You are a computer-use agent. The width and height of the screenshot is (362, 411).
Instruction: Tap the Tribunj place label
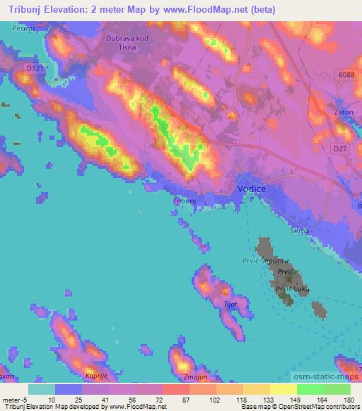tap(184, 201)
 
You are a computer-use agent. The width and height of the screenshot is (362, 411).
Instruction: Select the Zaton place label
tap(343, 112)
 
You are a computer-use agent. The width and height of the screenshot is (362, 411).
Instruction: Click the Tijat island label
tap(230, 304)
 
